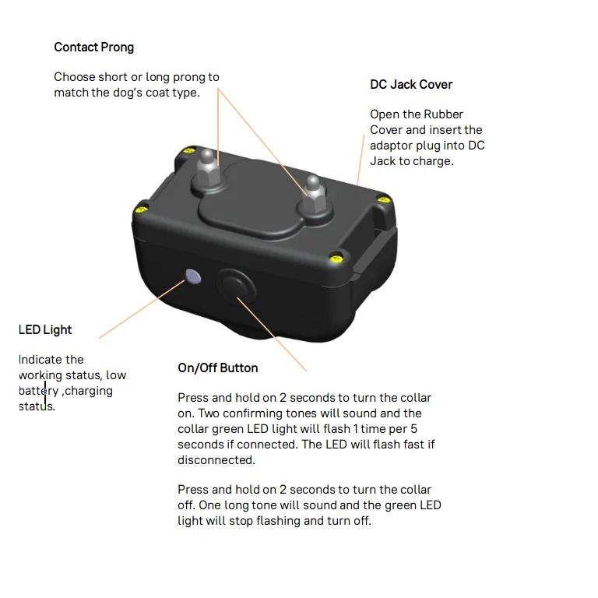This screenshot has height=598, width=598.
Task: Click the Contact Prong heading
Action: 93,47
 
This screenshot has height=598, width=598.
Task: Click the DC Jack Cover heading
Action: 411,85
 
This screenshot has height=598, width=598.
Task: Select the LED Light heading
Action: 45,330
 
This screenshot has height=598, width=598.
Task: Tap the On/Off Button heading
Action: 218,368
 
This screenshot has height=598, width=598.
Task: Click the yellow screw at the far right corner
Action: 382,200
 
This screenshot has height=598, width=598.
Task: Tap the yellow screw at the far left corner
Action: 141,208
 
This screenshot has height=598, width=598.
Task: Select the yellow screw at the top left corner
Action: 187,150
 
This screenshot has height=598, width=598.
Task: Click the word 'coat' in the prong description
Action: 160,93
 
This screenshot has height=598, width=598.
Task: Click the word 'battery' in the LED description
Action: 39,391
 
